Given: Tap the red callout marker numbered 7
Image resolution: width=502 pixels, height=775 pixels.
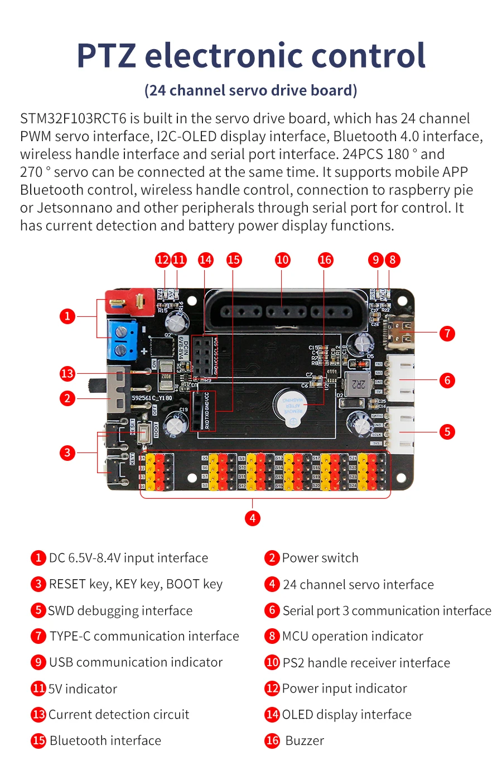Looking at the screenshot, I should click(x=447, y=334).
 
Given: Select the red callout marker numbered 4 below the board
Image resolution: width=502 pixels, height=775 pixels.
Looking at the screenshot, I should click(x=252, y=518).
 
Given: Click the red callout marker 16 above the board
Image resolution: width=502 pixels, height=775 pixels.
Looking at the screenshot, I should click(x=325, y=259).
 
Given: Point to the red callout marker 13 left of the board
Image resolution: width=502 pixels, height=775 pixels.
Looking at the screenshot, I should click(x=67, y=373).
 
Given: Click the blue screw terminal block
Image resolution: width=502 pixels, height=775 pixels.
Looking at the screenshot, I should click(x=123, y=341).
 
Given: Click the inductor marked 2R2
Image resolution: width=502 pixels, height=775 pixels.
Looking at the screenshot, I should click(x=359, y=383).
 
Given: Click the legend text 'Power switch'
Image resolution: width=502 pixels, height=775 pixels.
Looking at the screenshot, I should click(x=320, y=558).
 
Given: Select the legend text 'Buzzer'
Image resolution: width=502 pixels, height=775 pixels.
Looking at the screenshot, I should click(x=305, y=741).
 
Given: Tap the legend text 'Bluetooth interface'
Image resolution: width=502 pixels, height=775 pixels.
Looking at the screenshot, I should click(x=105, y=741).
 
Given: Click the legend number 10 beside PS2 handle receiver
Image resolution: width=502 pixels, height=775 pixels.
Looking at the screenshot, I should click(x=272, y=662).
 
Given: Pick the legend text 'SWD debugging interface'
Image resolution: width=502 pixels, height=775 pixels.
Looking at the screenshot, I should click(x=120, y=611).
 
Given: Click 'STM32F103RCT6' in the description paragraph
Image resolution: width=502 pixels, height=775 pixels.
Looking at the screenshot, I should click(x=73, y=119).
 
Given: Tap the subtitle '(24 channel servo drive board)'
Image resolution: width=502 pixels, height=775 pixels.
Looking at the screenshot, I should click(x=251, y=90).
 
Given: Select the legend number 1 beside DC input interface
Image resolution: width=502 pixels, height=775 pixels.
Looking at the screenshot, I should click(x=38, y=558).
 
